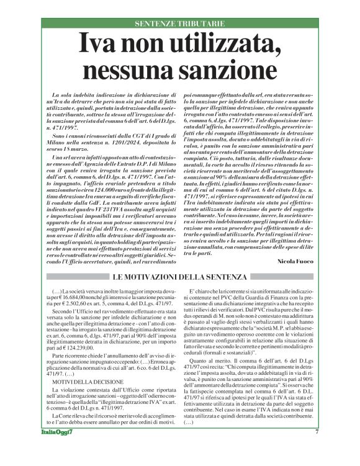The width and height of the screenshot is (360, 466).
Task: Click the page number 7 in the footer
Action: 317,449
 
